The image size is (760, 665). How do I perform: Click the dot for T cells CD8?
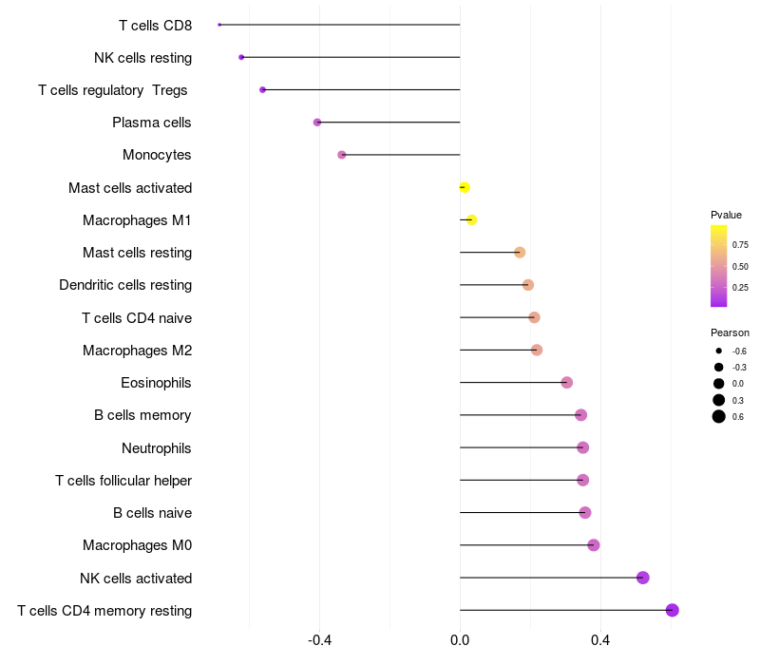coord(219,25)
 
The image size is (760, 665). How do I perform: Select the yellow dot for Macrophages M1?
coord(471,220)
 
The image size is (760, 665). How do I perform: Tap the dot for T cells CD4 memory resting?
coord(673,610)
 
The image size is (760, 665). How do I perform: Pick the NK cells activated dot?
coord(643,578)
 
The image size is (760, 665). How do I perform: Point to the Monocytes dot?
coord(342,155)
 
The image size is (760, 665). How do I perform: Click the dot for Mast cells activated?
coord(465,187)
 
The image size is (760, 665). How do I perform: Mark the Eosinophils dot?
coord(566,383)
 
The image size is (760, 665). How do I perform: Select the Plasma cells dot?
coord(317,123)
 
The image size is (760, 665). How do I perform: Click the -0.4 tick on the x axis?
coord(319,640)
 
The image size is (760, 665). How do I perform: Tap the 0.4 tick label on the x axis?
coord(600,640)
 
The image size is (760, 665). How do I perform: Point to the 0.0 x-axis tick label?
coord(460,640)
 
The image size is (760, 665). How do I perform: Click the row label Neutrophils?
coord(157,448)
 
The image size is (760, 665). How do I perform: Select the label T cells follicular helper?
coord(123,481)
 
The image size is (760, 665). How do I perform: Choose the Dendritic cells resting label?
coord(125,285)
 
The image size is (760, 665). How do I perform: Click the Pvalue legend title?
coord(726,215)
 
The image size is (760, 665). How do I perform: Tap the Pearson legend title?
coord(730,333)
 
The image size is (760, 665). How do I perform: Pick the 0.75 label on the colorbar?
coord(740,245)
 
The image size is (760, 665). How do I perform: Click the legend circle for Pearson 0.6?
coord(719,416)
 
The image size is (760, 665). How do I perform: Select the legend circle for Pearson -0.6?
coord(719,351)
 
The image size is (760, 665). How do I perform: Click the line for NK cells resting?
coord(351,57)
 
